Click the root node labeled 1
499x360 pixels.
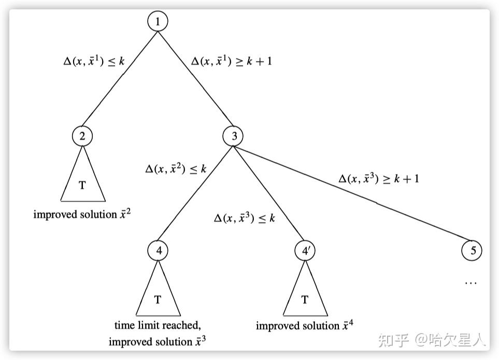click(x=158, y=22)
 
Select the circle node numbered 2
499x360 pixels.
click(x=82, y=136)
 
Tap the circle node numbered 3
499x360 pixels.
click(x=234, y=136)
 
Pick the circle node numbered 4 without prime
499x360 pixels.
click(x=158, y=251)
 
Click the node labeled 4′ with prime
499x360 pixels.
click(x=305, y=251)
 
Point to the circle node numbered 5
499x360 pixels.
click(x=472, y=251)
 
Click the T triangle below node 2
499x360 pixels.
click(x=83, y=184)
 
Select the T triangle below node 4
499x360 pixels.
click(x=158, y=298)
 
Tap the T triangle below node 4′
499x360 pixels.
click(x=305, y=298)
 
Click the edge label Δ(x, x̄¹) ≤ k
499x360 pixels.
click(x=94, y=61)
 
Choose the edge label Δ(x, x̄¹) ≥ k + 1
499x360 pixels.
click(x=232, y=61)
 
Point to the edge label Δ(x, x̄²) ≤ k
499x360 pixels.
click(x=176, y=168)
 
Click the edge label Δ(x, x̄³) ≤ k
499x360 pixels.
click(x=245, y=218)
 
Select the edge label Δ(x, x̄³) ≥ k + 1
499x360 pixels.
click(x=379, y=179)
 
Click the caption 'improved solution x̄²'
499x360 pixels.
click(x=82, y=213)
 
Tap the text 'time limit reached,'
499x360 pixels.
click(x=158, y=325)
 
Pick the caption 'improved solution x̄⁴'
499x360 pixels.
click(x=305, y=326)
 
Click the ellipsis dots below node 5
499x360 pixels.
click(x=471, y=283)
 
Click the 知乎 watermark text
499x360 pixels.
click(x=394, y=340)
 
